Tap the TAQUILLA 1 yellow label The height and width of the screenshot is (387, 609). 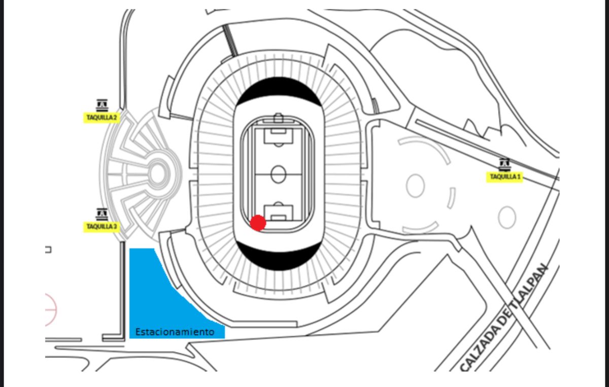[504, 177]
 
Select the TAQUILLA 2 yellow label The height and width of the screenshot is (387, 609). [101, 118]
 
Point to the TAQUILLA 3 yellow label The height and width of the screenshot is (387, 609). [101, 226]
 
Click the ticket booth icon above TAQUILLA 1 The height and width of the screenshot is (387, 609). [504, 164]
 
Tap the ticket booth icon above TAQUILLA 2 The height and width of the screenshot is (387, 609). [102, 105]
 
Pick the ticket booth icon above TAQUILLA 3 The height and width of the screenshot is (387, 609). [102, 214]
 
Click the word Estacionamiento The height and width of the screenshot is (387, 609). [175, 332]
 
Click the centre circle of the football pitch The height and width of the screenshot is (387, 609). [279, 174]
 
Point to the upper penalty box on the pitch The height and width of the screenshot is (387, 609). [278, 135]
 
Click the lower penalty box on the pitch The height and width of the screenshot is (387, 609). [278, 210]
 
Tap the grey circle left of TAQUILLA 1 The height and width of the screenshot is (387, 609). [415, 186]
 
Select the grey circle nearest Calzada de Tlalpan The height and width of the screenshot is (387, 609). [506, 218]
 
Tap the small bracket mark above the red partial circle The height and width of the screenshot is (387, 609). [48, 250]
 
